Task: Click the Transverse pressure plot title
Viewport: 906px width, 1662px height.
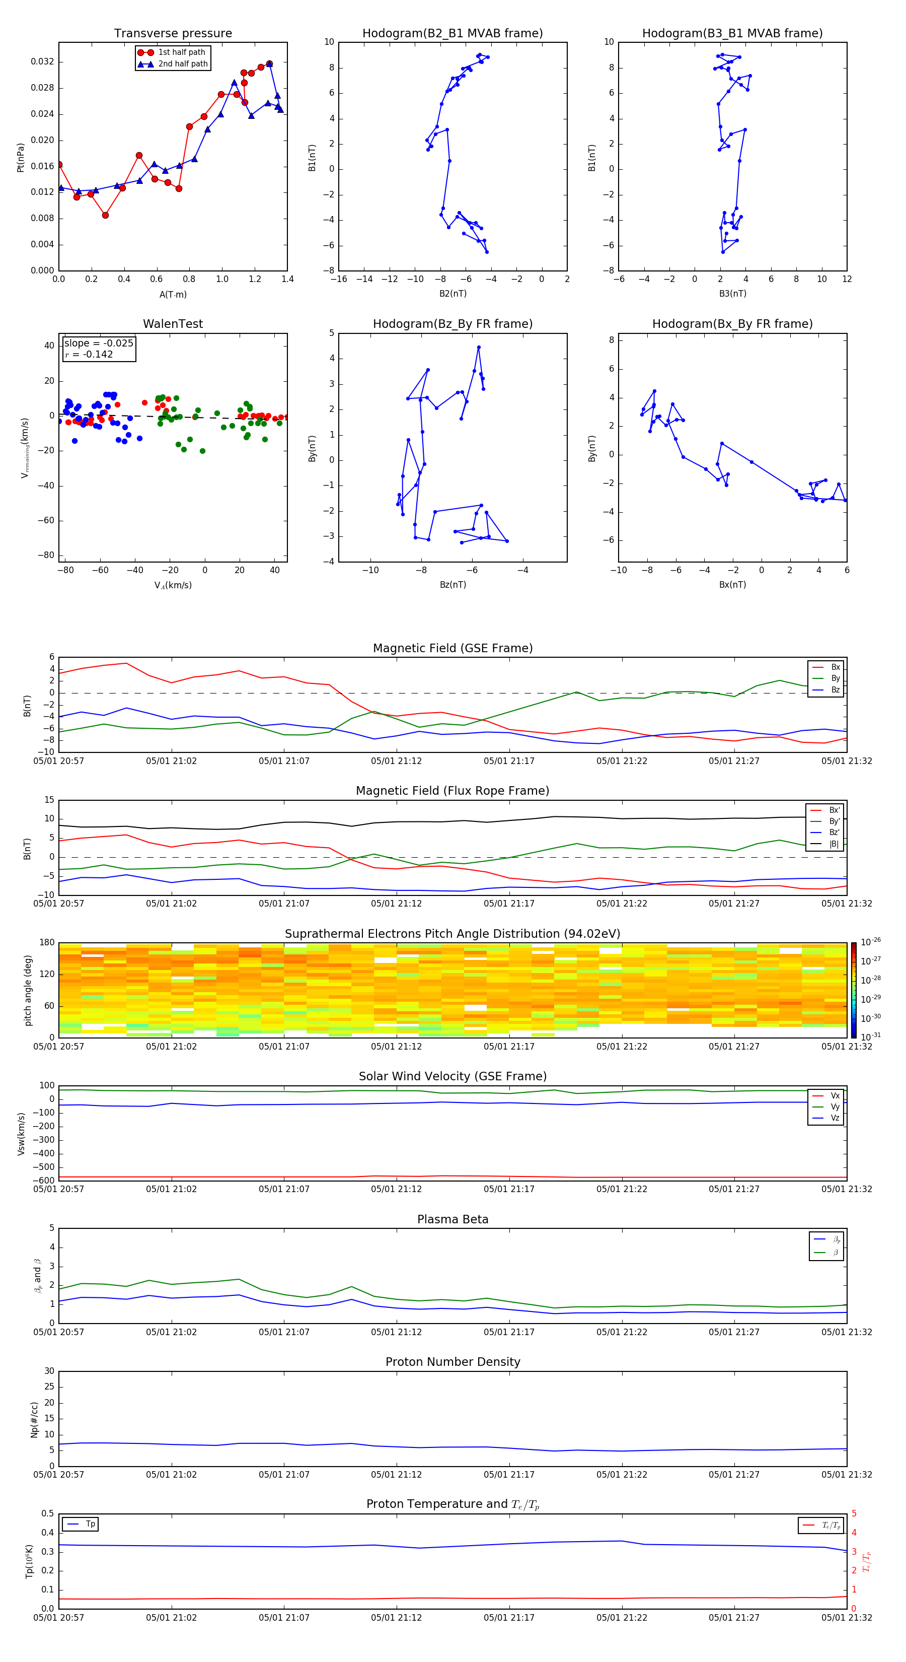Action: pos(173,34)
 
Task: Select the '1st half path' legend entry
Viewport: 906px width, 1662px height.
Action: pos(181,52)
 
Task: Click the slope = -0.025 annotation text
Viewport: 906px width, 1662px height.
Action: pos(99,343)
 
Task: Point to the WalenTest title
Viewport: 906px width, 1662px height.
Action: pos(173,324)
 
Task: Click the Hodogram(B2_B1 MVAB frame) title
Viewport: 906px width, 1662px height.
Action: pos(452,34)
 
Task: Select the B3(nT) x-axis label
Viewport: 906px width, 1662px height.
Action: pos(732,294)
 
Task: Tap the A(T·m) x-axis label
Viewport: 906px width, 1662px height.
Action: pos(173,294)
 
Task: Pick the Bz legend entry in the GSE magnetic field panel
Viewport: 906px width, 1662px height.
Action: pos(835,689)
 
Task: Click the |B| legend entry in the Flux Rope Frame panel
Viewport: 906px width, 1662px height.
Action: pos(834,844)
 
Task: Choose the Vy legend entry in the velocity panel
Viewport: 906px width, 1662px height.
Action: pos(835,1106)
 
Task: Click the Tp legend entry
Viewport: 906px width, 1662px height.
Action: pos(90,1524)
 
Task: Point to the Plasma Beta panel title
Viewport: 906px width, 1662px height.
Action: pos(452,1219)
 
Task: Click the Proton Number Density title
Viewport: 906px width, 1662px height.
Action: pos(452,1362)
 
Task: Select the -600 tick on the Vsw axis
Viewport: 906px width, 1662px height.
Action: pos(43,1181)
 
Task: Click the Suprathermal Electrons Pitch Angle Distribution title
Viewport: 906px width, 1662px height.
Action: pos(452,934)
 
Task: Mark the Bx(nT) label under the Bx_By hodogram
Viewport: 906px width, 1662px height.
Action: pos(732,585)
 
